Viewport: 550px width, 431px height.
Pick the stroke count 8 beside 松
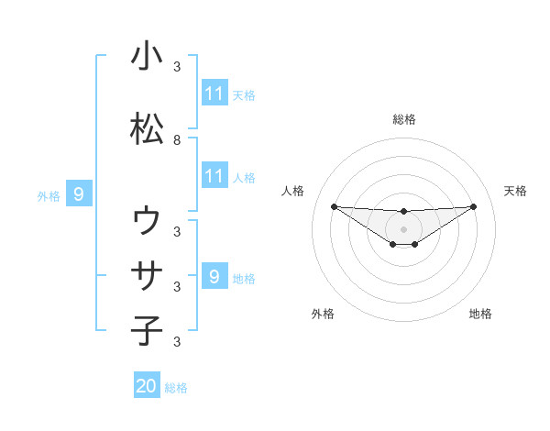[177, 140]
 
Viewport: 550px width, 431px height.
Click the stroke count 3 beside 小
[177, 67]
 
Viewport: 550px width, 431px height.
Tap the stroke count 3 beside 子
[177, 342]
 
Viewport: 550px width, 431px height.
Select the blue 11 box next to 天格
[214, 94]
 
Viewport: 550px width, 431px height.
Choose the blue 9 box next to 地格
[214, 277]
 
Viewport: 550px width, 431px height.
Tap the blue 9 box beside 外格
[79, 194]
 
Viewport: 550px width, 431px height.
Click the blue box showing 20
[147, 386]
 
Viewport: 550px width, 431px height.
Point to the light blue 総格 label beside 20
[176, 388]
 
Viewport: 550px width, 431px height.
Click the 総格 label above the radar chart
[403, 119]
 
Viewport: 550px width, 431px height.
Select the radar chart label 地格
[480, 314]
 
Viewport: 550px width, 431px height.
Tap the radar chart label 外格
[323, 314]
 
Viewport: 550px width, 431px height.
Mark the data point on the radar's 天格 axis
[474, 206]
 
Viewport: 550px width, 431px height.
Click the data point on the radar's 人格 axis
[334, 206]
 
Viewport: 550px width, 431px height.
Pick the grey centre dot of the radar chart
[403, 228]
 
